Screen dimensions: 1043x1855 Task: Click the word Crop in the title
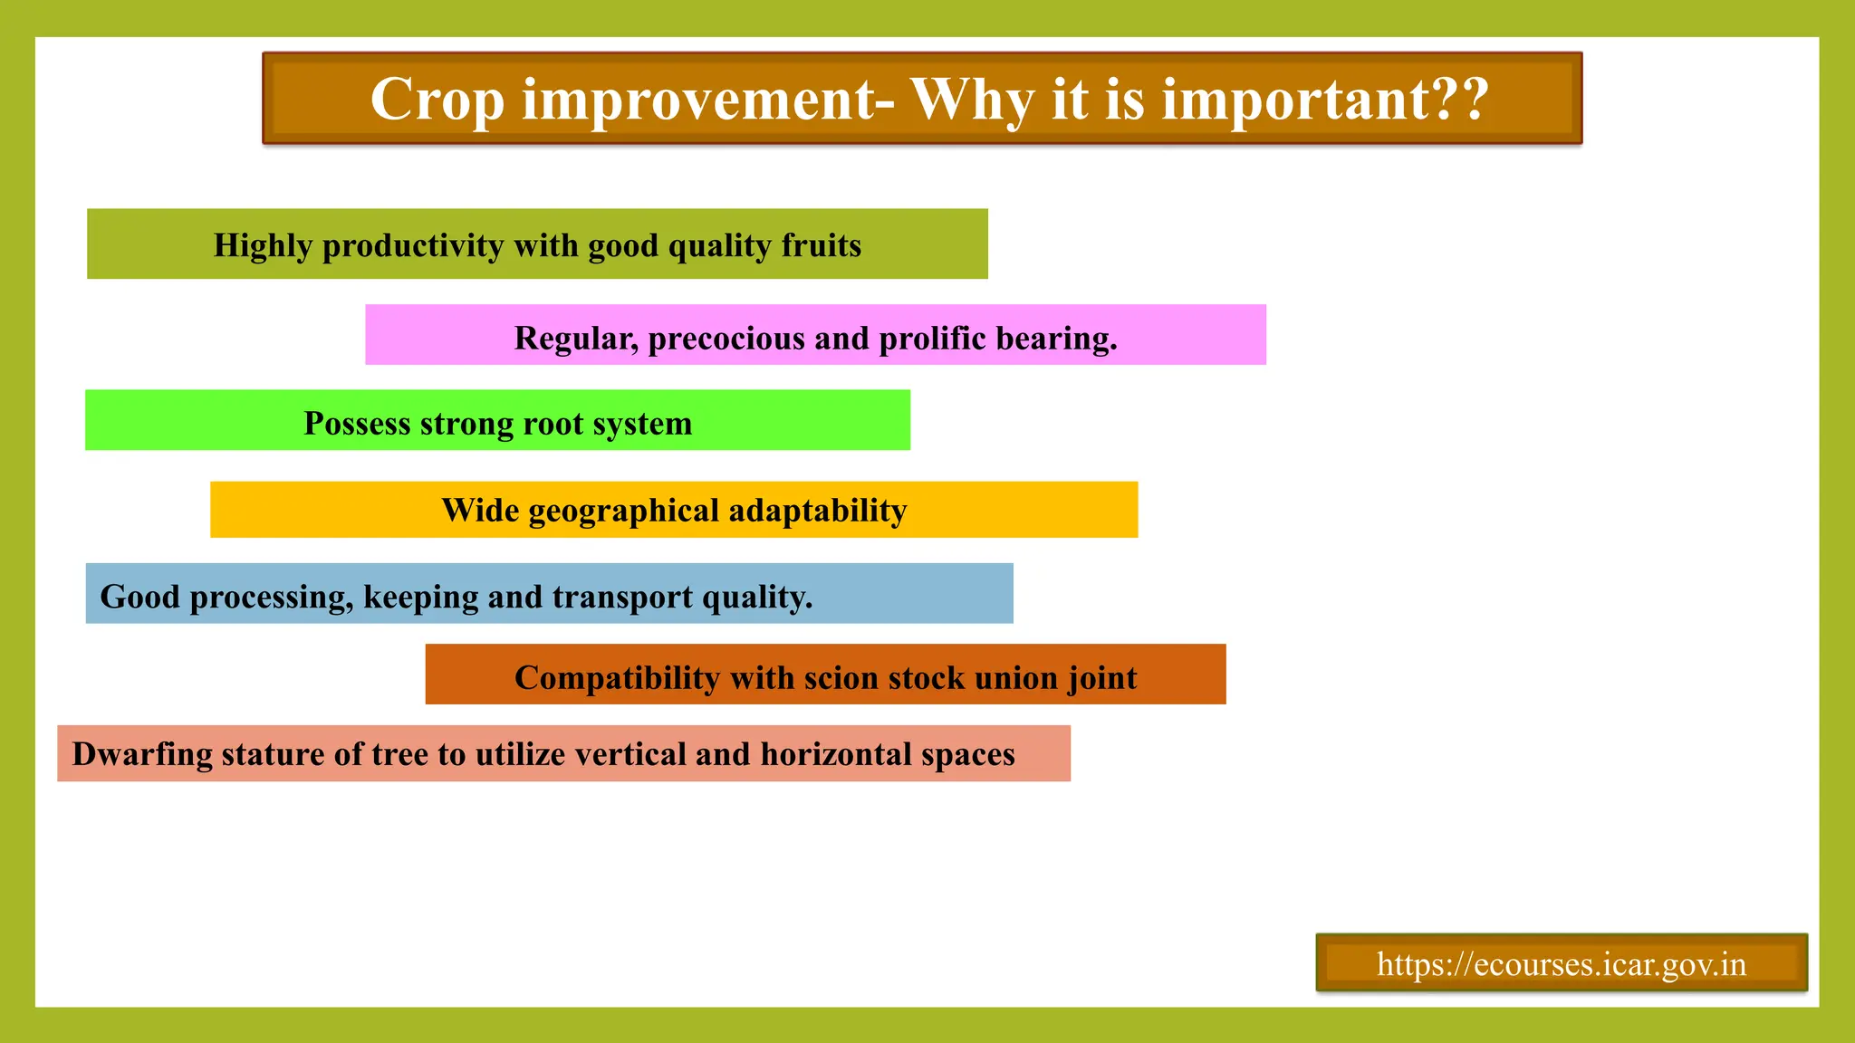coord(437,100)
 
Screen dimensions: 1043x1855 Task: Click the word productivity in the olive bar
coord(413,245)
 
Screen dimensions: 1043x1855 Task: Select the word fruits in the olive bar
coord(821,245)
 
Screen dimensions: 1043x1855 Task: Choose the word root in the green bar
coord(553,423)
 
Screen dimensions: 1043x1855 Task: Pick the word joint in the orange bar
coord(1101,678)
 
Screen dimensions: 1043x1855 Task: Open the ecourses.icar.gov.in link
coord(1561,964)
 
